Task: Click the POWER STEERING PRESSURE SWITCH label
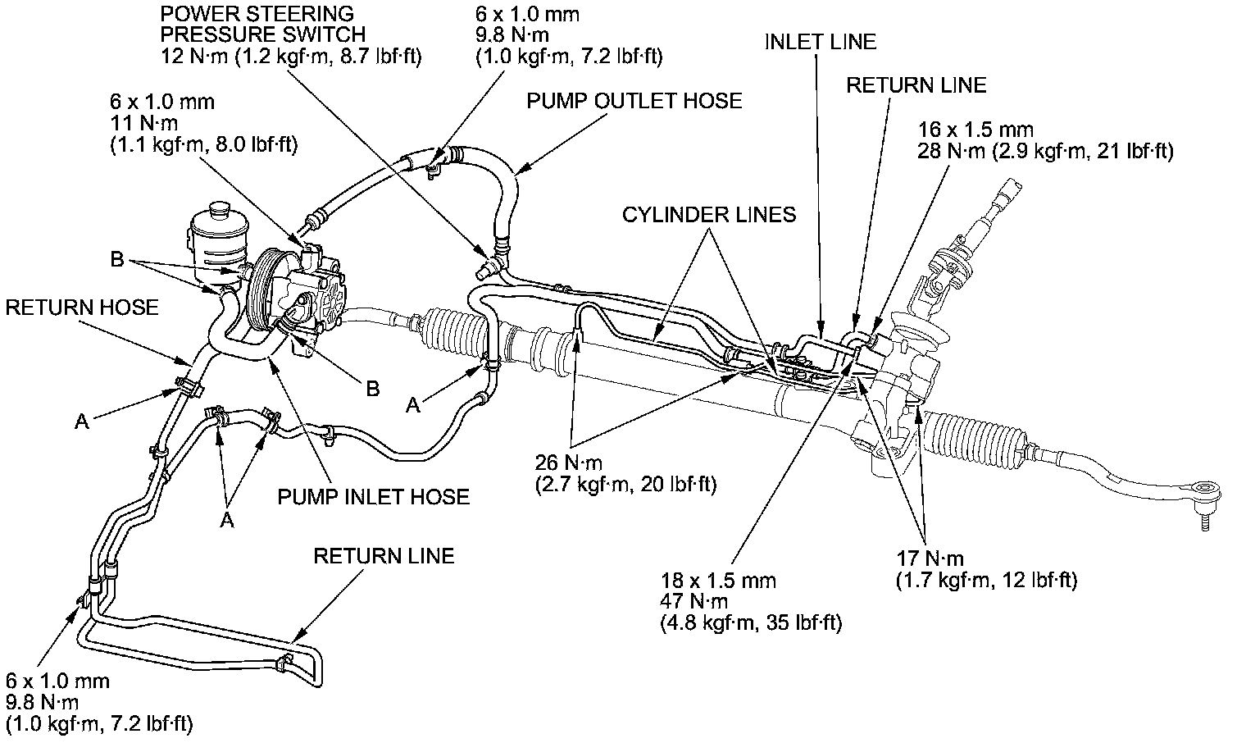[262, 25]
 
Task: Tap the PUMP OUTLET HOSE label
[634, 101]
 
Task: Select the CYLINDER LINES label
[708, 215]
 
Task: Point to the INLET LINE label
[820, 42]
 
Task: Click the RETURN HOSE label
[81, 308]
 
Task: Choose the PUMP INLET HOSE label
[373, 497]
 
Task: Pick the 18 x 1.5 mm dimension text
[717, 581]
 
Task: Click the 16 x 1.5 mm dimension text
[975, 130]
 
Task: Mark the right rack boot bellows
[975, 439]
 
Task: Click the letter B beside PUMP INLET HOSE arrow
[373, 389]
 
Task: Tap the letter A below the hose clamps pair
[227, 521]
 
